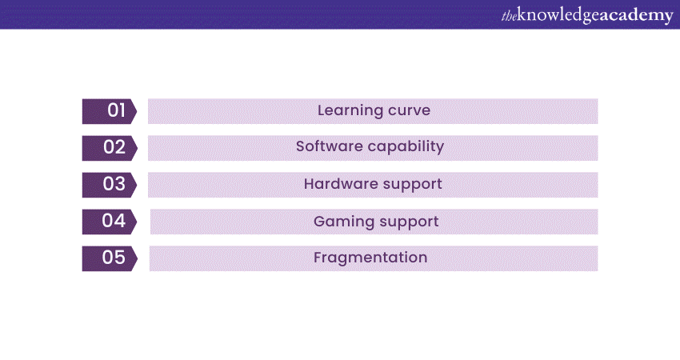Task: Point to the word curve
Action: [x=410, y=111]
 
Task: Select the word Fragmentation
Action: [x=370, y=258]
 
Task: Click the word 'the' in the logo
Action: [x=509, y=15]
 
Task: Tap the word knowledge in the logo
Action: [x=556, y=15]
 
